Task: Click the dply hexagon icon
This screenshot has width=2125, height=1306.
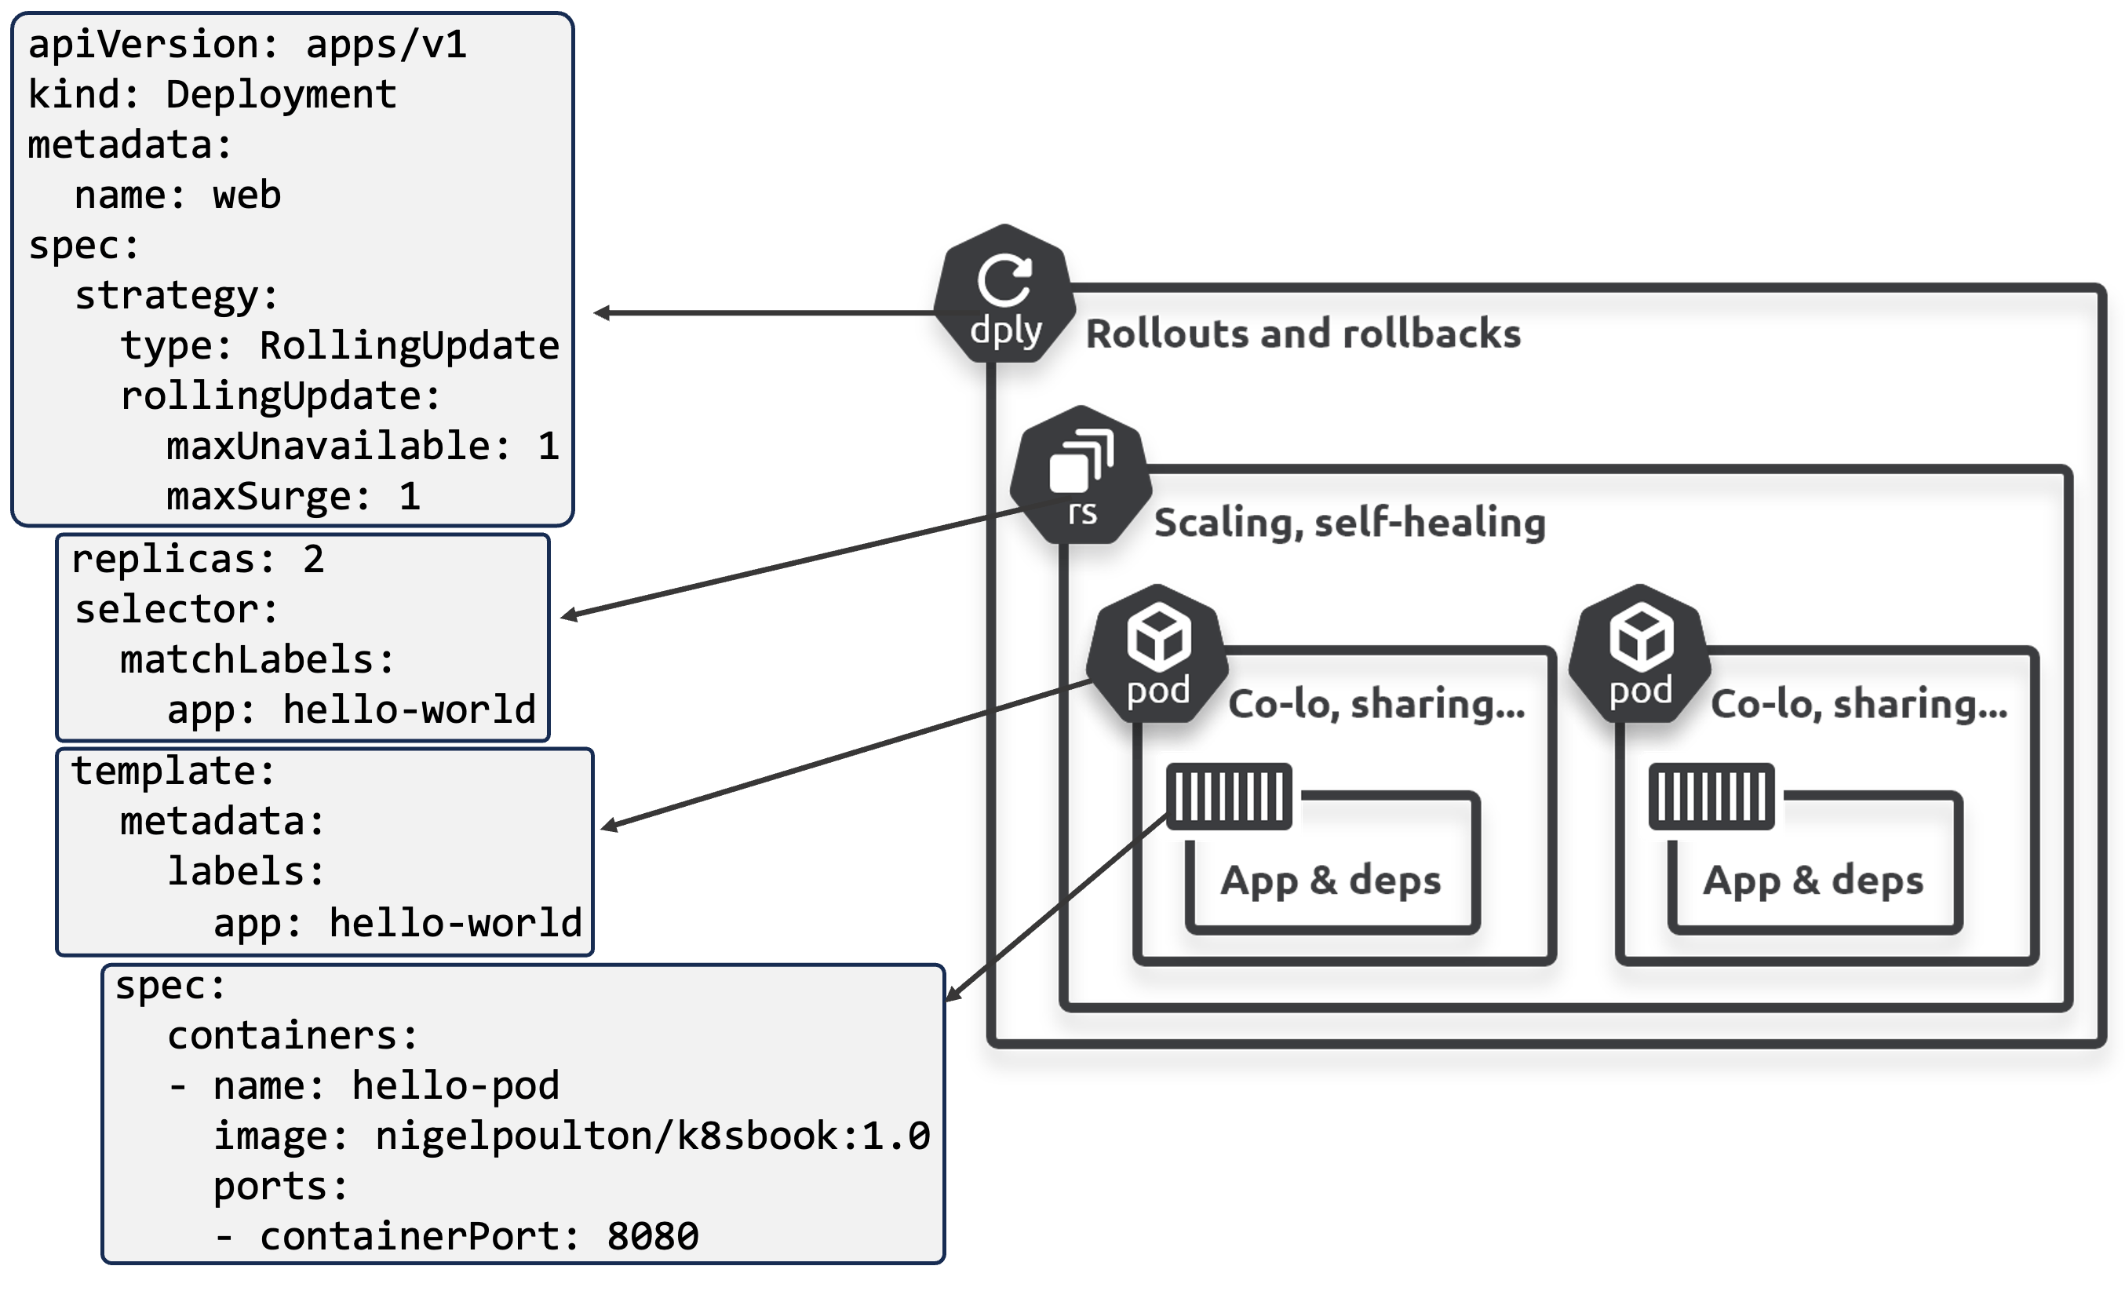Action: (x=1004, y=294)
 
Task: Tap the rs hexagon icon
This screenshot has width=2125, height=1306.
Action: (x=1081, y=476)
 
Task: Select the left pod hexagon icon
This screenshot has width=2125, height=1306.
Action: (x=1157, y=655)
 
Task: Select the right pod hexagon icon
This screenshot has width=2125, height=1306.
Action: (x=1638, y=655)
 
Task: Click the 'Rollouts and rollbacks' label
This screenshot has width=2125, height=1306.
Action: (x=1302, y=334)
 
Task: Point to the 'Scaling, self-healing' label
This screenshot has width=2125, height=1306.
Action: (x=1349, y=523)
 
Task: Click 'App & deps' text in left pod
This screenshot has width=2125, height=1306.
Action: (x=1330, y=880)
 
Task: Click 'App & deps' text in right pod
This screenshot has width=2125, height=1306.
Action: (x=1812, y=880)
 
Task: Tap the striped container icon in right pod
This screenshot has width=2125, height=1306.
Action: (x=1711, y=797)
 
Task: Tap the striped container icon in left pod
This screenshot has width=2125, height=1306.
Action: (x=1228, y=797)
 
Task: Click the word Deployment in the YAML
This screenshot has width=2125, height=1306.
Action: (x=281, y=94)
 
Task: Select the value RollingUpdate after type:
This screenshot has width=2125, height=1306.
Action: (x=410, y=345)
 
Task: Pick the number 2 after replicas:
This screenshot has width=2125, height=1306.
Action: (x=312, y=560)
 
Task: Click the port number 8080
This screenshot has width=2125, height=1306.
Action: (x=652, y=1236)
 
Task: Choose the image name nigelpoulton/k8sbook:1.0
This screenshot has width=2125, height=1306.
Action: (x=652, y=1136)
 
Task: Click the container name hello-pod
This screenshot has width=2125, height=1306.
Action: (x=455, y=1085)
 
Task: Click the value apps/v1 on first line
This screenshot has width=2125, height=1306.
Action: (x=386, y=44)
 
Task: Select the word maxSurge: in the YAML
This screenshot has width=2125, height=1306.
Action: (x=268, y=497)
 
